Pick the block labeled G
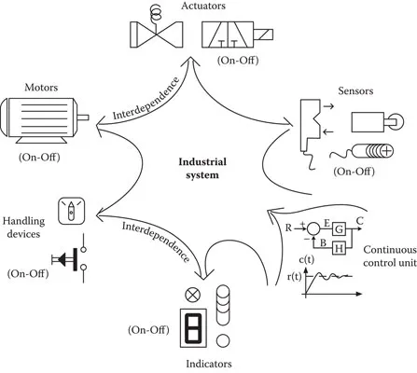click(339, 228)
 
